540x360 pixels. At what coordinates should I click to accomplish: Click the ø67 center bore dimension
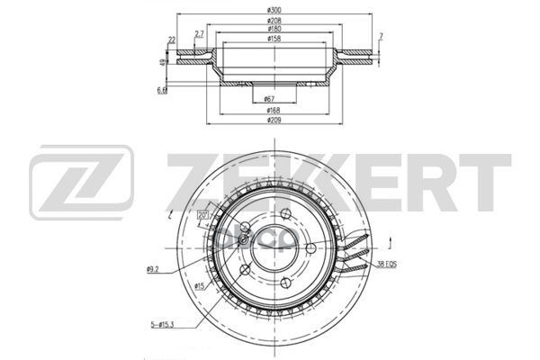[269, 98]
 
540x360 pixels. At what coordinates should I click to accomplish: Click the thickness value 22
[171, 40]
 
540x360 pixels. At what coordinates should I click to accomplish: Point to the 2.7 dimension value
[199, 33]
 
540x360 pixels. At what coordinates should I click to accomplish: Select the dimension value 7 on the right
[382, 36]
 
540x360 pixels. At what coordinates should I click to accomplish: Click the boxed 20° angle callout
[202, 214]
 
